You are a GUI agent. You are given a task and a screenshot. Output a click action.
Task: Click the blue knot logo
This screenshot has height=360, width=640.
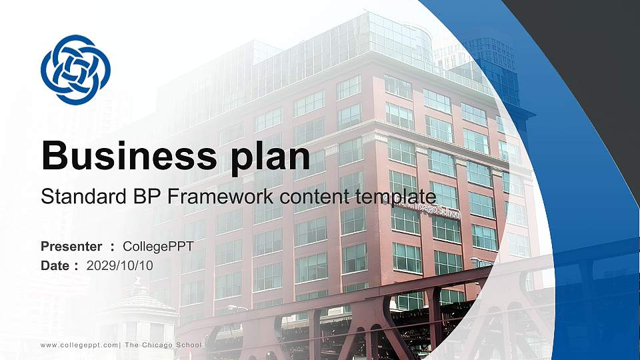pyautogui.click(x=75, y=70)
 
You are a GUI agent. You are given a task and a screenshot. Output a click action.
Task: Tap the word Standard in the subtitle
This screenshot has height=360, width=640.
pyautogui.click(x=78, y=197)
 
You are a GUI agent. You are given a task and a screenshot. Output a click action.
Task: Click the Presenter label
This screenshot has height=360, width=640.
pyautogui.click(x=71, y=247)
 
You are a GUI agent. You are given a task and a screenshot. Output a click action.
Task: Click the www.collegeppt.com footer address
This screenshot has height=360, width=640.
pyautogui.click(x=79, y=345)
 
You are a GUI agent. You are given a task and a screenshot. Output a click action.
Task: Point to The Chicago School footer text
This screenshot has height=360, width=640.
pyautogui.click(x=163, y=345)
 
